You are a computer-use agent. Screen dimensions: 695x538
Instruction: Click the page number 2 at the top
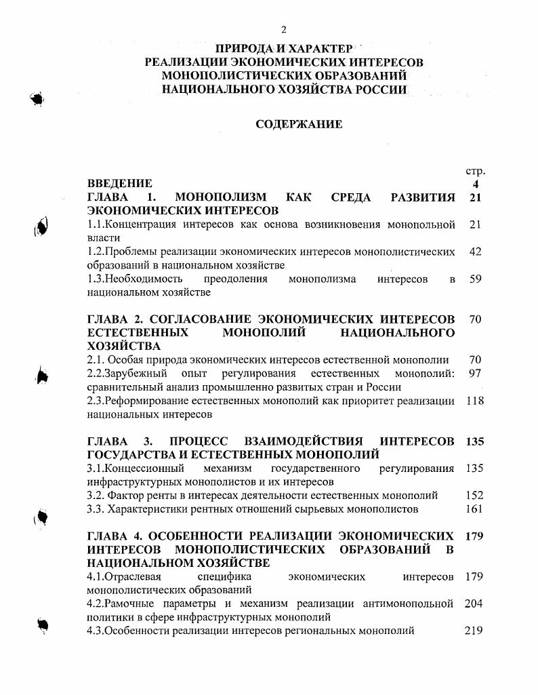tap(284, 29)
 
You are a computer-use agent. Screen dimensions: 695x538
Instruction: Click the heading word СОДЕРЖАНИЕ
tap(299, 125)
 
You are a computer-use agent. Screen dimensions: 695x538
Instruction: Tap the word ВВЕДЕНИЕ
tap(120, 184)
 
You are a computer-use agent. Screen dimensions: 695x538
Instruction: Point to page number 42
tap(475, 252)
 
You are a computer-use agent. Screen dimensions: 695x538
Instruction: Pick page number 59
tap(475, 279)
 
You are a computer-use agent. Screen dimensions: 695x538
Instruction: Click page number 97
tap(475, 374)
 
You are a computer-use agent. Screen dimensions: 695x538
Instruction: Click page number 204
tap(474, 603)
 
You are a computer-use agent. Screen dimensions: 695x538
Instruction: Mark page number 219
tap(474, 631)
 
